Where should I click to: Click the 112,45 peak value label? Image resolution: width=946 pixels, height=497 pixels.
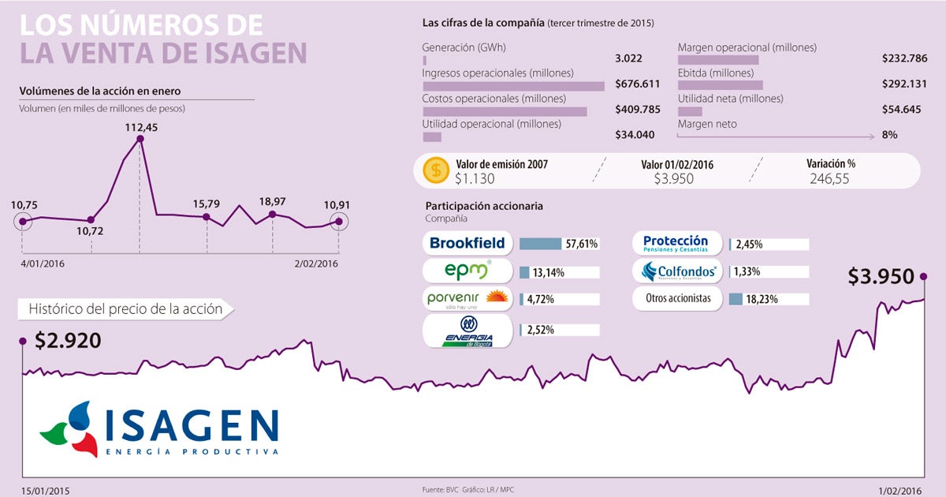pyautogui.click(x=140, y=126)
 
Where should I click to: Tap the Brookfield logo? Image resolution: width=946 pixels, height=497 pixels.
pyautogui.click(x=467, y=243)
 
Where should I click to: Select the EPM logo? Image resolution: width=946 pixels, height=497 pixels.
pyautogui.click(x=467, y=271)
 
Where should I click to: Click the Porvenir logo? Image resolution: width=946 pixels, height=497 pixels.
pyautogui.click(x=467, y=300)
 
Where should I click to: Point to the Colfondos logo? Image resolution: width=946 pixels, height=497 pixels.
pyautogui.click(x=679, y=271)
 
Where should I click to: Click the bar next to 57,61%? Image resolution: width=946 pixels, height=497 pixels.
pyautogui.click(x=540, y=244)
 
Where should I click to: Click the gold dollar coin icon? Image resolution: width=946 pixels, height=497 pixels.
pyautogui.click(x=435, y=170)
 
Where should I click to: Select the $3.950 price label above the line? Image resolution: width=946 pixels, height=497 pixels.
pyautogui.click(x=881, y=277)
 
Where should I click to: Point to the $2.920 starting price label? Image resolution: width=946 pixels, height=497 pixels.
pyautogui.click(x=67, y=341)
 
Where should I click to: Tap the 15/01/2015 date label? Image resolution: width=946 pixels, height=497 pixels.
pyautogui.click(x=46, y=490)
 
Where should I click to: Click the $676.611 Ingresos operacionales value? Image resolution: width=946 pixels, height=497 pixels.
pyautogui.click(x=637, y=84)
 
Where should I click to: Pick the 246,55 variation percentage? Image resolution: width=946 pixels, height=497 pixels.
pyautogui.click(x=830, y=179)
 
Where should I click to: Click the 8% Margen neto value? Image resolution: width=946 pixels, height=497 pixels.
pyautogui.click(x=889, y=135)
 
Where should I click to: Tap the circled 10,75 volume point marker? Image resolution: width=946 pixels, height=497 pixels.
pyautogui.click(x=23, y=222)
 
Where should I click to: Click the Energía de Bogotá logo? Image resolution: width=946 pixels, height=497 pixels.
pyautogui.click(x=467, y=331)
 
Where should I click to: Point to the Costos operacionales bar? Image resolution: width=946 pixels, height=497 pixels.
pyautogui.click(x=505, y=111)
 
